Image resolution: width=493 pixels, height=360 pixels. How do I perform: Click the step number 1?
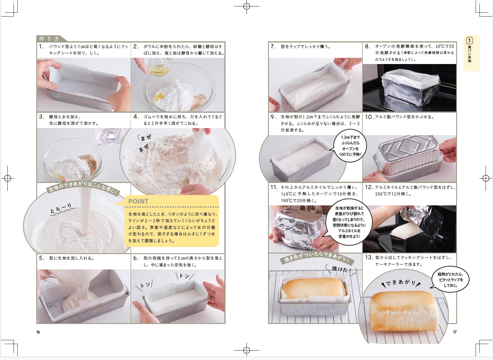click(x=41, y=47)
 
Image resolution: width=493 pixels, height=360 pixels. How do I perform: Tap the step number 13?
click(x=369, y=257)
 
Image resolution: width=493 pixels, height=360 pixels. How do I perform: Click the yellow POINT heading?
click(x=139, y=201)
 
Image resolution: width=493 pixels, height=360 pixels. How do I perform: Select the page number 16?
click(x=38, y=332)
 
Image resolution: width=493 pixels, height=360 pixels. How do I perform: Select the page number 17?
click(x=455, y=332)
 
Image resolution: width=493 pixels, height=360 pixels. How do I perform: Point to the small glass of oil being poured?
click(x=158, y=67)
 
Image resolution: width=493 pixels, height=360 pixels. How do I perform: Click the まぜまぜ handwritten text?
click(x=146, y=143)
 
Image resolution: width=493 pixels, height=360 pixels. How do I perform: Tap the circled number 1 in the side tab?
click(x=469, y=40)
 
